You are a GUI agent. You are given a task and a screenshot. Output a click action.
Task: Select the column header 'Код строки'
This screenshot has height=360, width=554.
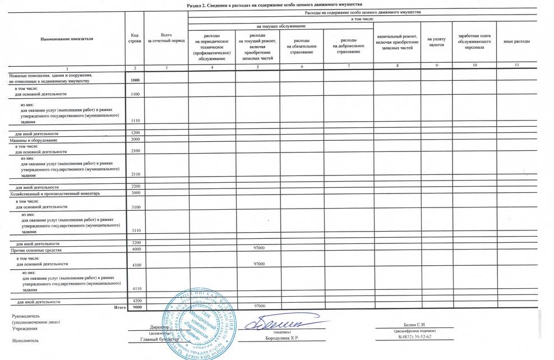[135, 39]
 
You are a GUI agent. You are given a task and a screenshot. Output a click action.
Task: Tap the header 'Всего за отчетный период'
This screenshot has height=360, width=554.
[165, 38]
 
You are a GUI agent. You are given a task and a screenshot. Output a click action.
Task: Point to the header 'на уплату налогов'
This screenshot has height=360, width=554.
[436, 41]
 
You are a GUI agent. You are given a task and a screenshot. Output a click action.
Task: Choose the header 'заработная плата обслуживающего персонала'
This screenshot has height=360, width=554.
[474, 41]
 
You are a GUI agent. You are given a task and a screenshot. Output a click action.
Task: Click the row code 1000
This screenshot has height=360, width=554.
[135, 81]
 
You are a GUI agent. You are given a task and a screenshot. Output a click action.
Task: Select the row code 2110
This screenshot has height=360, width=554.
[135, 174]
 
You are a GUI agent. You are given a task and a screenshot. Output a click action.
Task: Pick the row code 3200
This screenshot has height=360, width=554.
[135, 243]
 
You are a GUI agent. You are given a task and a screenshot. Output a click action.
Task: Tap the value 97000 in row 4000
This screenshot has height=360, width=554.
[259, 248]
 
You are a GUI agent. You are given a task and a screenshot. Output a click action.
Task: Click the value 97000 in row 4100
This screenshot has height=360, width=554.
[259, 264]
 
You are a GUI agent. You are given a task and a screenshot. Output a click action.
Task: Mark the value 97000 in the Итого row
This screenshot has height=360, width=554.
[259, 306]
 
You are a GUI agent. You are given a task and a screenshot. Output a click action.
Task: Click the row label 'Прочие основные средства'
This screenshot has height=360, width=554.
[30, 249]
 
